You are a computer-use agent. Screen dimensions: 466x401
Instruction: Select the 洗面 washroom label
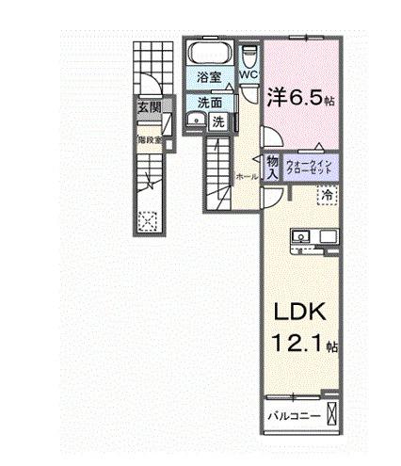pos(208,103)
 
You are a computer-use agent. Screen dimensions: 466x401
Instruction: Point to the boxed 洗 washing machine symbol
pos(217,121)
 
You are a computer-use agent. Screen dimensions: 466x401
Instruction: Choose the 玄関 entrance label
pos(149,107)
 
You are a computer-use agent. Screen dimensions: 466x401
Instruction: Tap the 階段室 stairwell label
pos(149,139)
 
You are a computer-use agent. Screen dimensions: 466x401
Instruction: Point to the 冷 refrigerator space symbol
pos(327,195)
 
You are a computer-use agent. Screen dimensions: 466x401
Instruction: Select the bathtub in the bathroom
pos(208,53)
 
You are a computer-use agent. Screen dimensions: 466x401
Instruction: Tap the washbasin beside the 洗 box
pos(193,120)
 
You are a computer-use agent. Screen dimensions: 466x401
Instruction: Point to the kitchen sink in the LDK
pos(303,235)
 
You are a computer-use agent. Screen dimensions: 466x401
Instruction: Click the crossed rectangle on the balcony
pos(332,413)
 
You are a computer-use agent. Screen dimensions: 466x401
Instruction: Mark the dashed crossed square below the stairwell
pos(146,221)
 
